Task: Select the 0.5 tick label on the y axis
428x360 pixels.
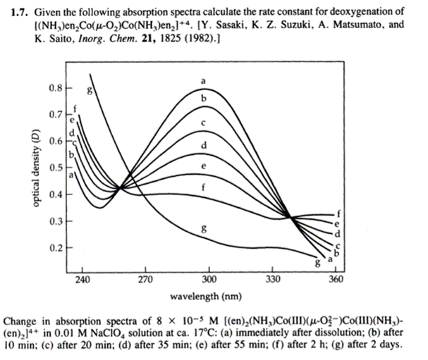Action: click(55, 168)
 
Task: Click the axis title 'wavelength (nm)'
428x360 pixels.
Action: click(210, 297)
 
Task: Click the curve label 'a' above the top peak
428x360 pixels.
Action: click(203, 78)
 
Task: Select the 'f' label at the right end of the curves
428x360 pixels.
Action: click(339, 212)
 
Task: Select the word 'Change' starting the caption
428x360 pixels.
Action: click(20, 321)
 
